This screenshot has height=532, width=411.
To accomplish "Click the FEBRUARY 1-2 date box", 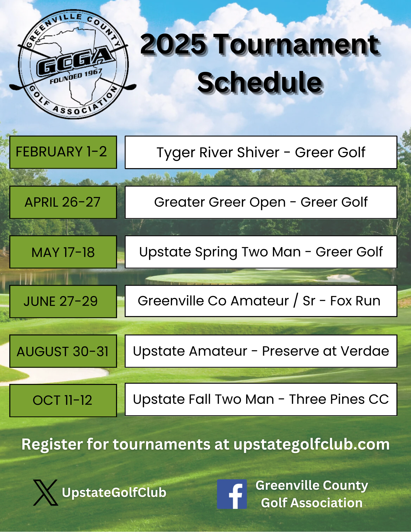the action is coord(63,152).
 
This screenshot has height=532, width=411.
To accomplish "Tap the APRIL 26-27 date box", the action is coord(63,202).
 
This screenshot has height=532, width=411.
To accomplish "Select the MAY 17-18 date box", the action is coord(63,252).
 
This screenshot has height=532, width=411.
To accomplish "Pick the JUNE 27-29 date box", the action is coord(63,301).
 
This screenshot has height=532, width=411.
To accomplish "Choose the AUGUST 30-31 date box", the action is coord(63,351).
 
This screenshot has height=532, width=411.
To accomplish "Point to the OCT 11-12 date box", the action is coord(63,400).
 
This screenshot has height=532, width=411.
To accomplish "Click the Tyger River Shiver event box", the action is coord(261,152).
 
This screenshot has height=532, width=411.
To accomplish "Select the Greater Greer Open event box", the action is coord(261,202).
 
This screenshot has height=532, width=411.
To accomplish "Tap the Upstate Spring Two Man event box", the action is coord(261,252).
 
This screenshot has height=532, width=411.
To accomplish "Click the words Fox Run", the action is coord(355,301).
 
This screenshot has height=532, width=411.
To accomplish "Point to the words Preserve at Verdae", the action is coord(326,351).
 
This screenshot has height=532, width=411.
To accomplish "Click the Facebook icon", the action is coord(232,494).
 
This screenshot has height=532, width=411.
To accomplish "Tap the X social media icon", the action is coord(45,493).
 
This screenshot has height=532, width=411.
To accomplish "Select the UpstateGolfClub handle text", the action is coord(114,493).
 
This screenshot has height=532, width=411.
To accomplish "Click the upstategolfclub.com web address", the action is coord(312,444).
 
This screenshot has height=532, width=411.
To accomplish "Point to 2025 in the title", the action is coord(173,44).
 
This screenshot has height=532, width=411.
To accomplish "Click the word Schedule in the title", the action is coord(260,82).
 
